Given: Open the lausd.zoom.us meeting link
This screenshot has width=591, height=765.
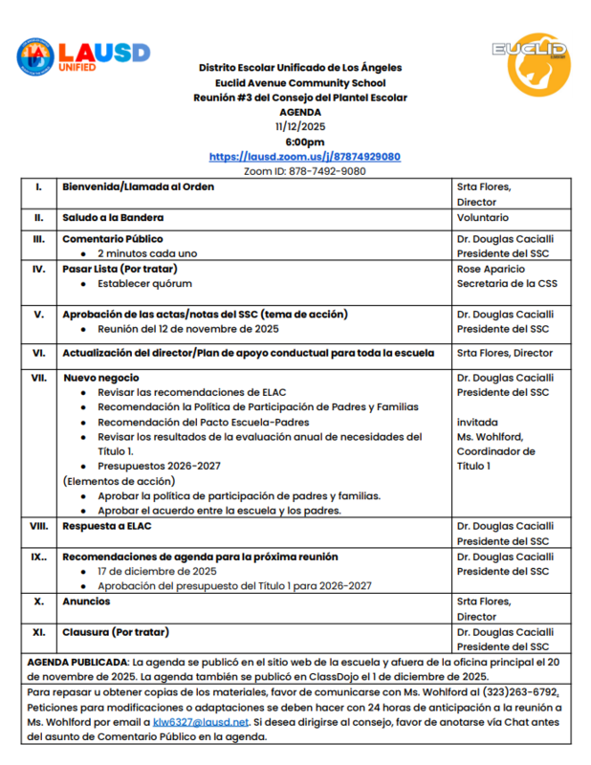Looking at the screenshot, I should pyautogui.click(x=304, y=157).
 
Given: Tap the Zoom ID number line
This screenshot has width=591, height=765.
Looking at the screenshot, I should pyautogui.click(x=304, y=171).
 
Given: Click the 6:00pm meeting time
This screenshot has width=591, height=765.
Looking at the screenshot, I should pyautogui.click(x=304, y=142).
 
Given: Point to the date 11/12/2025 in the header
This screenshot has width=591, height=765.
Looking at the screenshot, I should pyautogui.click(x=300, y=126).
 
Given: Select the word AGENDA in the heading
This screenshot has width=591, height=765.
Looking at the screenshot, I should pyautogui.click(x=300, y=112).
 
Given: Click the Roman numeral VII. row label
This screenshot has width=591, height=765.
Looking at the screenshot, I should pyautogui.click(x=38, y=378).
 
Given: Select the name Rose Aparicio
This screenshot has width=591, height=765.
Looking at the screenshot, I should pyautogui.click(x=493, y=269).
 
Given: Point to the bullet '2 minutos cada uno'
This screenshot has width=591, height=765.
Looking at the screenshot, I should pyautogui.click(x=147, y=253).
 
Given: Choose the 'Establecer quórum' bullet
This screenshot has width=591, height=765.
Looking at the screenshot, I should pyautogui.click(x=144, y=284).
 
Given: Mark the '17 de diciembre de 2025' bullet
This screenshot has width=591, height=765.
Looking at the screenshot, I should pyautogui.click(x=157, y=571).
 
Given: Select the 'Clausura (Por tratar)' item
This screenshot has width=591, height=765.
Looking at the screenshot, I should pyautogui.click(x=116, y=632).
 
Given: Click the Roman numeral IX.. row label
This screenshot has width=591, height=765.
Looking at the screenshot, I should pyautogui.click(x=38, y=557).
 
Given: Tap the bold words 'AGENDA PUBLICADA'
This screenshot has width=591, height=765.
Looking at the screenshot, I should pyautogui.click(x=77, y=661).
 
